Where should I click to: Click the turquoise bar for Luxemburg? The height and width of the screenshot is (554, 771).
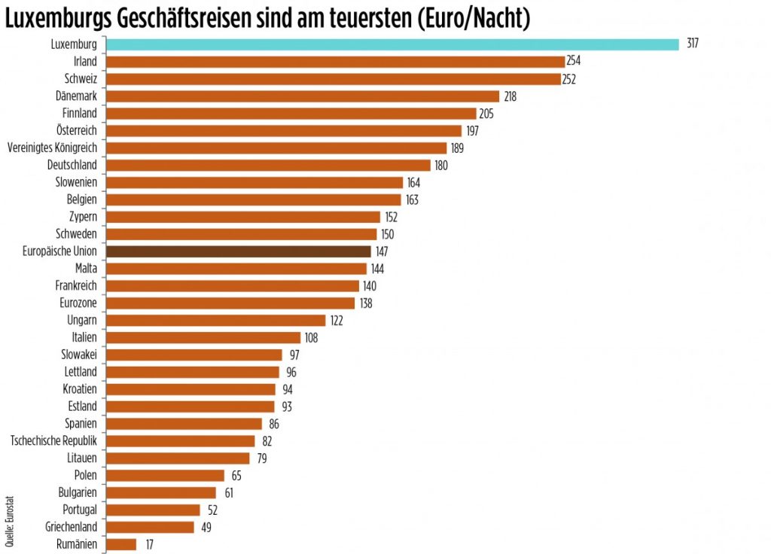click(x=392, y=44)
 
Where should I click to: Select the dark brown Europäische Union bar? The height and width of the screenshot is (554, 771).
click(x=239, y=251)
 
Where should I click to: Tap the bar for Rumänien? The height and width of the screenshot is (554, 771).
click(x=121, y=543)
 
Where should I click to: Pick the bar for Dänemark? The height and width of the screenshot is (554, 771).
click(x=303, y=96)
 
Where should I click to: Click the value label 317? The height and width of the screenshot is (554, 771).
click(x=693, y=44)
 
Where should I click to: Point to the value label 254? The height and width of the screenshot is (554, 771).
click(x=574, y=62)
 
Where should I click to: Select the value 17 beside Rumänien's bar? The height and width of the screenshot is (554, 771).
click(x=149, y=543)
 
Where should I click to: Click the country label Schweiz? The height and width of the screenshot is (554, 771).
click(x=81, y=79)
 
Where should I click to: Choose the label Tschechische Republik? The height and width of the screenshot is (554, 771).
click(x=53, y=441)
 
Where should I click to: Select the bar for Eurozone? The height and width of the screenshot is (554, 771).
click(x=230, y=303)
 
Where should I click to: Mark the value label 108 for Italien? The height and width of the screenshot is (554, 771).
click(x=311, y=338)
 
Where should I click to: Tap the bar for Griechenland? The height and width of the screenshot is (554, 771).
click(x=150, y=527)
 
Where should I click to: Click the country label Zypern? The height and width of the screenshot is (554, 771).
click(x=82, y=217)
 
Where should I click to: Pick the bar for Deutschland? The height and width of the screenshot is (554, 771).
click(x=268, y=165)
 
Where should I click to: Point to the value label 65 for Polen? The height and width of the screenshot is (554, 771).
click(x=236, y=475)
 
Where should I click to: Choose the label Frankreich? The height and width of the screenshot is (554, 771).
click(x=76, y=286)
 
